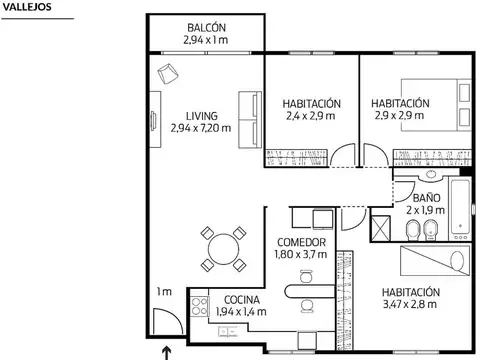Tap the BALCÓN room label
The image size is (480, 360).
[206, 27]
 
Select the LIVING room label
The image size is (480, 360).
[201, 115]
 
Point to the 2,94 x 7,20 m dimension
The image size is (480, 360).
[201, 128]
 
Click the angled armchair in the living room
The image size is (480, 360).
[167, 71]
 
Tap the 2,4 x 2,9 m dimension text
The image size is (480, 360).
[311, 117]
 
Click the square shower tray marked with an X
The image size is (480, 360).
[382, 228]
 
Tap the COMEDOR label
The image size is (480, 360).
[301, 243]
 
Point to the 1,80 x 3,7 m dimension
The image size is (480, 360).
[301, 256]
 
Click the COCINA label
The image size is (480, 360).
[242, 299]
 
